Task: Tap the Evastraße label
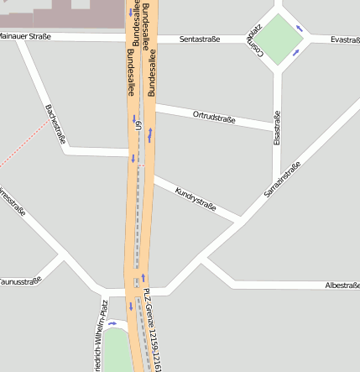point(345,39)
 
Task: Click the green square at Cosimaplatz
point(278,39)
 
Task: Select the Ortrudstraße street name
point(214,117)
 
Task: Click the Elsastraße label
point(277,130)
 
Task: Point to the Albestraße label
point(342,286)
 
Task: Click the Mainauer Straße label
point(25,36)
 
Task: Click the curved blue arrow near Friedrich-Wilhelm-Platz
point(112,323)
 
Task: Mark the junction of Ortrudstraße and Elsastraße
point(277,128)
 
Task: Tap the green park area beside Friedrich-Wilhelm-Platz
point(117,353)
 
